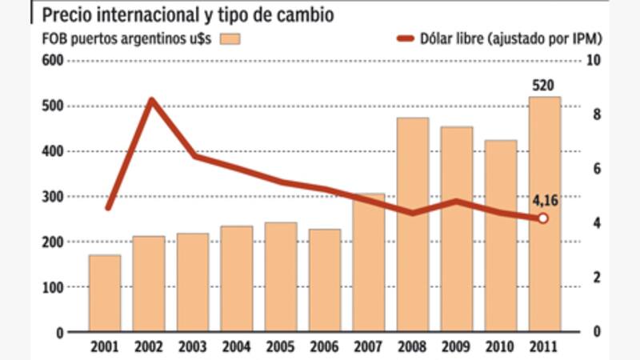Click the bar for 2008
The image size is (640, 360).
point(413,225)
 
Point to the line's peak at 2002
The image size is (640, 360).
point(150,100)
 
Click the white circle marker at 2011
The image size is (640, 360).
point(543,218)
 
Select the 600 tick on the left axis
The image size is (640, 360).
point(51,62)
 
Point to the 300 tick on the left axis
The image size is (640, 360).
point(51,197)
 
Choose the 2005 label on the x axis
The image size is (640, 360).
point(281,346)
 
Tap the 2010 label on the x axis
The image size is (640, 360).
point(501,346)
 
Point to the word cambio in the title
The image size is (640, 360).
point(300,14)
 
